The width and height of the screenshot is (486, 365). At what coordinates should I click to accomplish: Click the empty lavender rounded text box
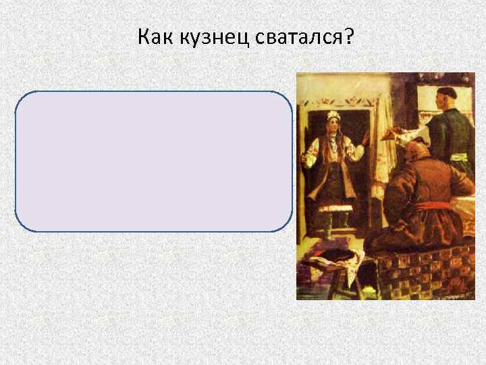coord(154,162)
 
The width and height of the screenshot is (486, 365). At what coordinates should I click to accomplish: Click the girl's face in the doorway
coord(332,127)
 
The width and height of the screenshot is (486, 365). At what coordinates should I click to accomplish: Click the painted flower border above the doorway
coord(344,101)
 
